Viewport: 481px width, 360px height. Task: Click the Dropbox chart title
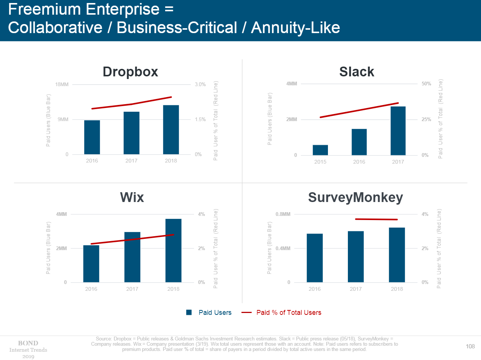[130, 72]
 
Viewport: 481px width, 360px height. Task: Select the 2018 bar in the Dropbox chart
[171, 130]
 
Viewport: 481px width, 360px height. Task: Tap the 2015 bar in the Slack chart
[320, 150]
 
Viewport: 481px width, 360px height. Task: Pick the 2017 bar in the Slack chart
[398, 131]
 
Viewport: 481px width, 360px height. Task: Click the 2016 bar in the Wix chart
[91, 264]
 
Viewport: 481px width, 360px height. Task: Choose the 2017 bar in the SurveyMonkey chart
[355, 257]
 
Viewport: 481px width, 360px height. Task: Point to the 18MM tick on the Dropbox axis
[62, 84]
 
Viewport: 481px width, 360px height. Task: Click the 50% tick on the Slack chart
[426, 84]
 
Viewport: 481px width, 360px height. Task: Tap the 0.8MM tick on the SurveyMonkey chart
[283, 214]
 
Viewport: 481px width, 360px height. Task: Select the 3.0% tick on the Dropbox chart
[200, 84]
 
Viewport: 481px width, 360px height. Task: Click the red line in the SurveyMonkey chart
[376, 219]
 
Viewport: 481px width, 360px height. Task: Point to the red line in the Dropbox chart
[132, 104]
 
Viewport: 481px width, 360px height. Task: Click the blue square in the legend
[189, 312]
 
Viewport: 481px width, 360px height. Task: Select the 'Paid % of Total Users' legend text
[288, 312]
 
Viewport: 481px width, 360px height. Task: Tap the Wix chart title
[132, 197]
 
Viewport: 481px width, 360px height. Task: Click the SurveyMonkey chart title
[355, 197]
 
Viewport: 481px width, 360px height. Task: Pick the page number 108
[470, 346]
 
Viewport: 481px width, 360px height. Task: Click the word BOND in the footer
[28, 343]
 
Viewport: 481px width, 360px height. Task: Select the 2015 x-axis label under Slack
[320, 162]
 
